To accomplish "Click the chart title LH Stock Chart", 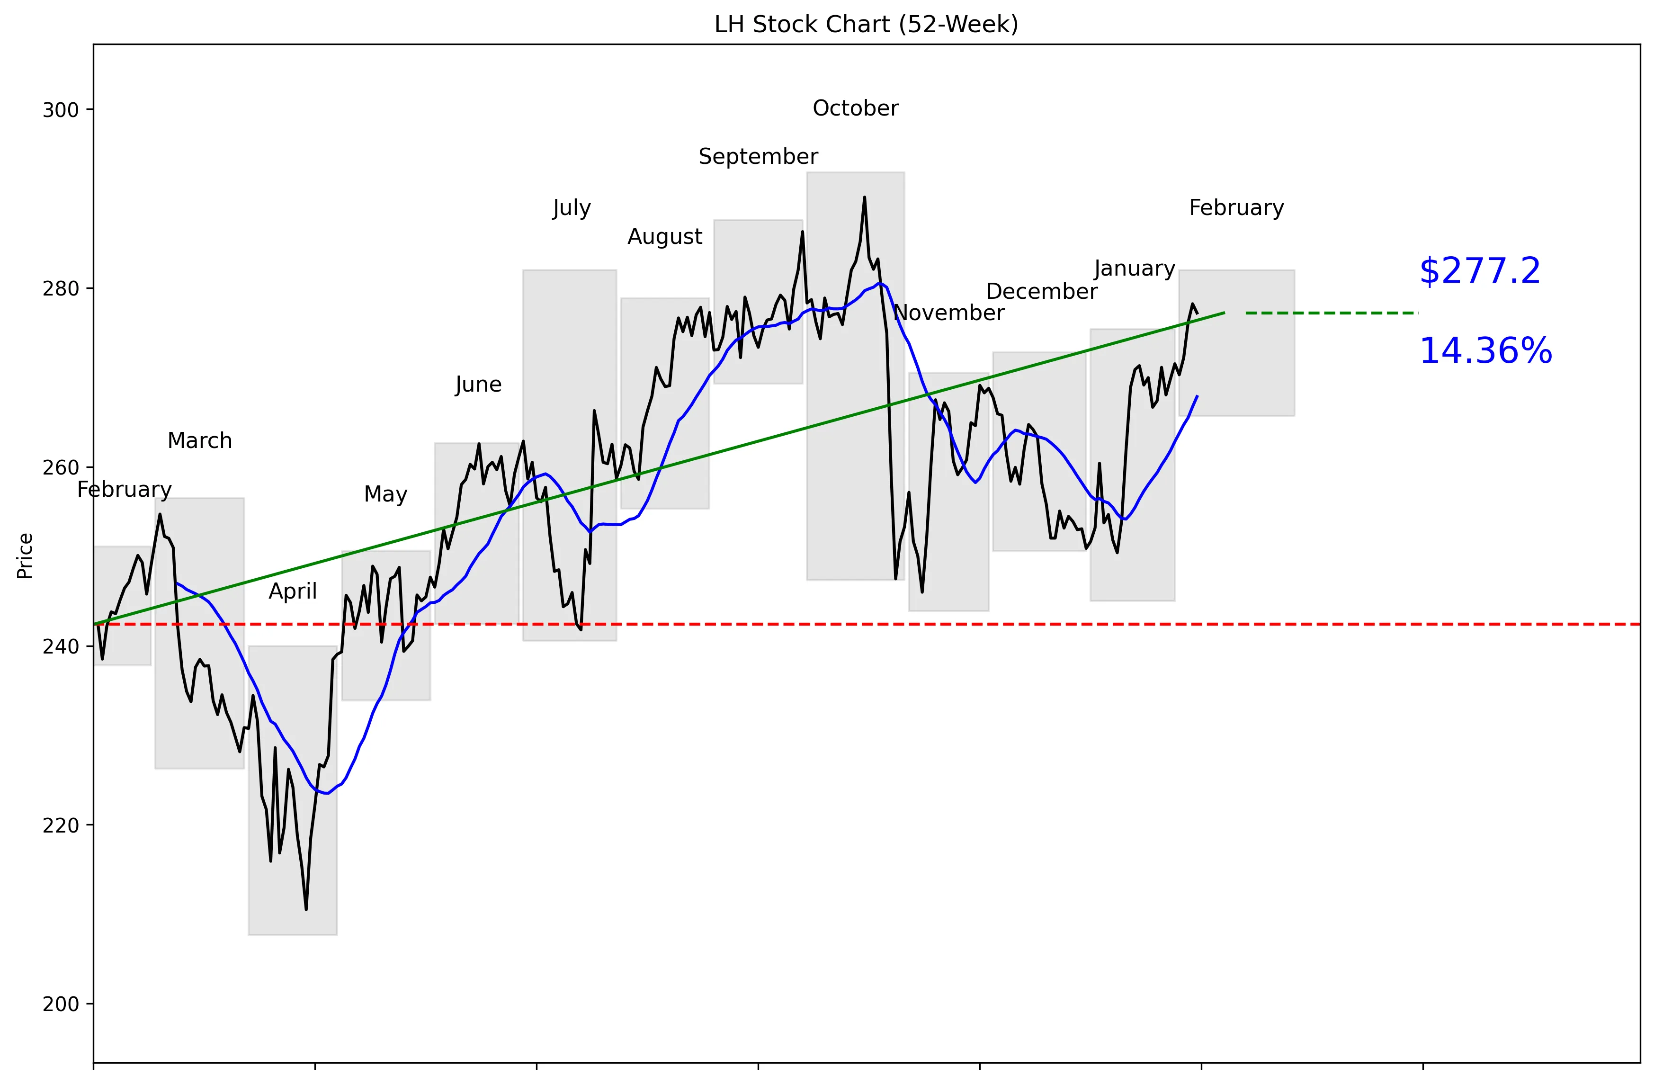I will click(x=866, y=24).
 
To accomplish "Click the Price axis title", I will click(x=25, y=556).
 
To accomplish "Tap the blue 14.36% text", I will click(x=1485, y=351).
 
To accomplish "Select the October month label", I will click(x=856, y=108).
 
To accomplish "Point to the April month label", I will click(x=293, y=591).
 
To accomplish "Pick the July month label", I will click(x=571, y=208).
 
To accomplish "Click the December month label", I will click(x=1042, y=291).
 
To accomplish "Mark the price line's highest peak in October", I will click(x=865, y=197).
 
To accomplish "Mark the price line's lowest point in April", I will click(x=306, y=909).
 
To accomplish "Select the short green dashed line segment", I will click(x=1331, y=314).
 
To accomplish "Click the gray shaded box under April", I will click(x=293, y=790).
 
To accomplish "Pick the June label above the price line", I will click(x=478, y=384).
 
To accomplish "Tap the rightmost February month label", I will click(x=1236, y=208).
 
